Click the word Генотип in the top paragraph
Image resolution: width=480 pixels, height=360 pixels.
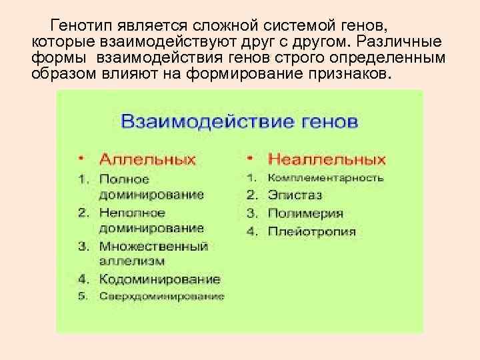pyautogui.click(x=81, y=26)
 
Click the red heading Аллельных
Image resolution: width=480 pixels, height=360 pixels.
pyautogui.click(x=147, y=160)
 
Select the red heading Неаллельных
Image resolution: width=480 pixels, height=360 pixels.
pyautogui.click(x=327, y=160)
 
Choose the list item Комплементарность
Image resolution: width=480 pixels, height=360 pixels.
pyautogui.click(x=325, y=178)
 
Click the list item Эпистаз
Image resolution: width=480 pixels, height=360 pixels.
pyautogui.click(x=295, y=196)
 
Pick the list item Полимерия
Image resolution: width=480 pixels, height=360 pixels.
pyautogui.click(x=305, y=214)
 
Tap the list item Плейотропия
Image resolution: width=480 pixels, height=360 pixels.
pyautogui.click(x=311, y=232)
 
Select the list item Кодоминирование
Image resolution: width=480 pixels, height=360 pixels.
pyautogui.click(x=159, y=279)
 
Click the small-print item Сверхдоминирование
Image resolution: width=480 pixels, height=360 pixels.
pyautogui.click(x=161, y=296)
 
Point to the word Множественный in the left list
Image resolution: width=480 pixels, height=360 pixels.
pyautogui.click(x=153, y=246)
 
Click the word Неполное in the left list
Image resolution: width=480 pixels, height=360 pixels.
pyautogui.click(x=131, y=213)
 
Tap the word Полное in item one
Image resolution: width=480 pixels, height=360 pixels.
pyautogui.click(x=124, y=179)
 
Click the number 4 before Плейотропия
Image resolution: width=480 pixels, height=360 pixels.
pyautogui.click(x=251, y=232)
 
